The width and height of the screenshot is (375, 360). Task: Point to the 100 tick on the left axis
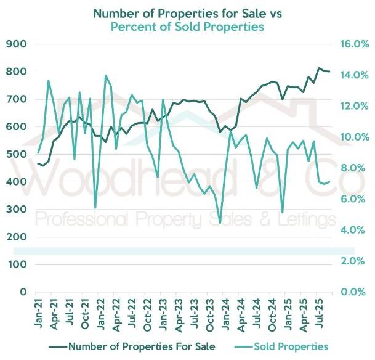tap(17, 264)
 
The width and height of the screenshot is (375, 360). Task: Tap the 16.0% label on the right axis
tap(354, 44)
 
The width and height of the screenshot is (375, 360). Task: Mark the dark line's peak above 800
tap(319, 68)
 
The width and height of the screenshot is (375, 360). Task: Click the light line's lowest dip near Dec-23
tap(220, 223)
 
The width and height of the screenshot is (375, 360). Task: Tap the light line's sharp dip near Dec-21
tap(95, 208)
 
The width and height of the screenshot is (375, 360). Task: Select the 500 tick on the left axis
tap(17, 154)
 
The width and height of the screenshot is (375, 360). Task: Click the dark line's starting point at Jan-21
tap(38, 163)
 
